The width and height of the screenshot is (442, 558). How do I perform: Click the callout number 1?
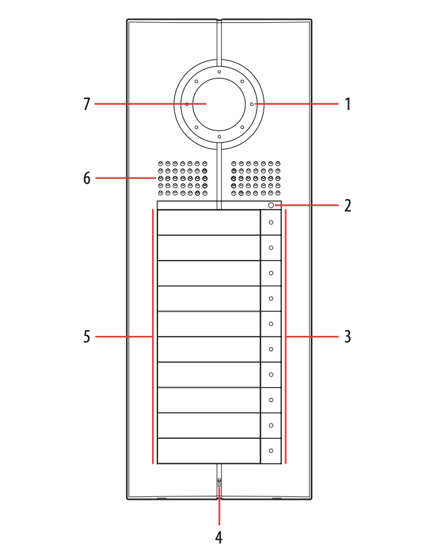coord(348,104)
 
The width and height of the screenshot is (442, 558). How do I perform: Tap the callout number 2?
coord(348,206)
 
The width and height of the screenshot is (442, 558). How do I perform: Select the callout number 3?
coord(348,337)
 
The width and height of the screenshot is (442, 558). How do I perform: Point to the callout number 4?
coord(219,537)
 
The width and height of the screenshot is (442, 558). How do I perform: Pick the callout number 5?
coord(87,337)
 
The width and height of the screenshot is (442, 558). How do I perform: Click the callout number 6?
coord(87,178)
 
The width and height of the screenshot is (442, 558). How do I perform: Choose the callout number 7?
coord(87,104)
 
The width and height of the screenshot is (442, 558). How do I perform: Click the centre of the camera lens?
coord(219,105)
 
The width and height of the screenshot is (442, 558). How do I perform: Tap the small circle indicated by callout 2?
coord(271,206)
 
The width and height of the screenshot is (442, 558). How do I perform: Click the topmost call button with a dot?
coord(271,223)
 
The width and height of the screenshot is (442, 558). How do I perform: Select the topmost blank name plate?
coord(209,223)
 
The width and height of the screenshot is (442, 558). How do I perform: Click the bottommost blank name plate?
coord(209,451)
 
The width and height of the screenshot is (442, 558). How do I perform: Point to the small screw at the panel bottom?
coord(219,483)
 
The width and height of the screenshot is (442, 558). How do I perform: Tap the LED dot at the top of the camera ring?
coord(219,72)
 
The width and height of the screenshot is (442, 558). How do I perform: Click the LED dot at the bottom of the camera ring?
coord(219,137)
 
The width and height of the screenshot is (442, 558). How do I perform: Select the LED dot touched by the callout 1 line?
coord(252,104)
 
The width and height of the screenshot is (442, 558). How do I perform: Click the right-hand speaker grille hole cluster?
coord(256,178)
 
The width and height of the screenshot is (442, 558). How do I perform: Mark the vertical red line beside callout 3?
coord(286,337)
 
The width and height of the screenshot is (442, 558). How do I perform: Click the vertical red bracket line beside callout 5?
coord(153,337)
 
